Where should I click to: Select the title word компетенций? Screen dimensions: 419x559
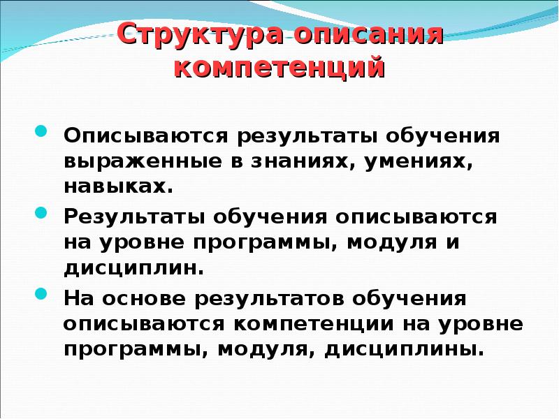click(x=279, y=68)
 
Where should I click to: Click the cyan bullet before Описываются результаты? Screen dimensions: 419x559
click(x=41, y=133)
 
